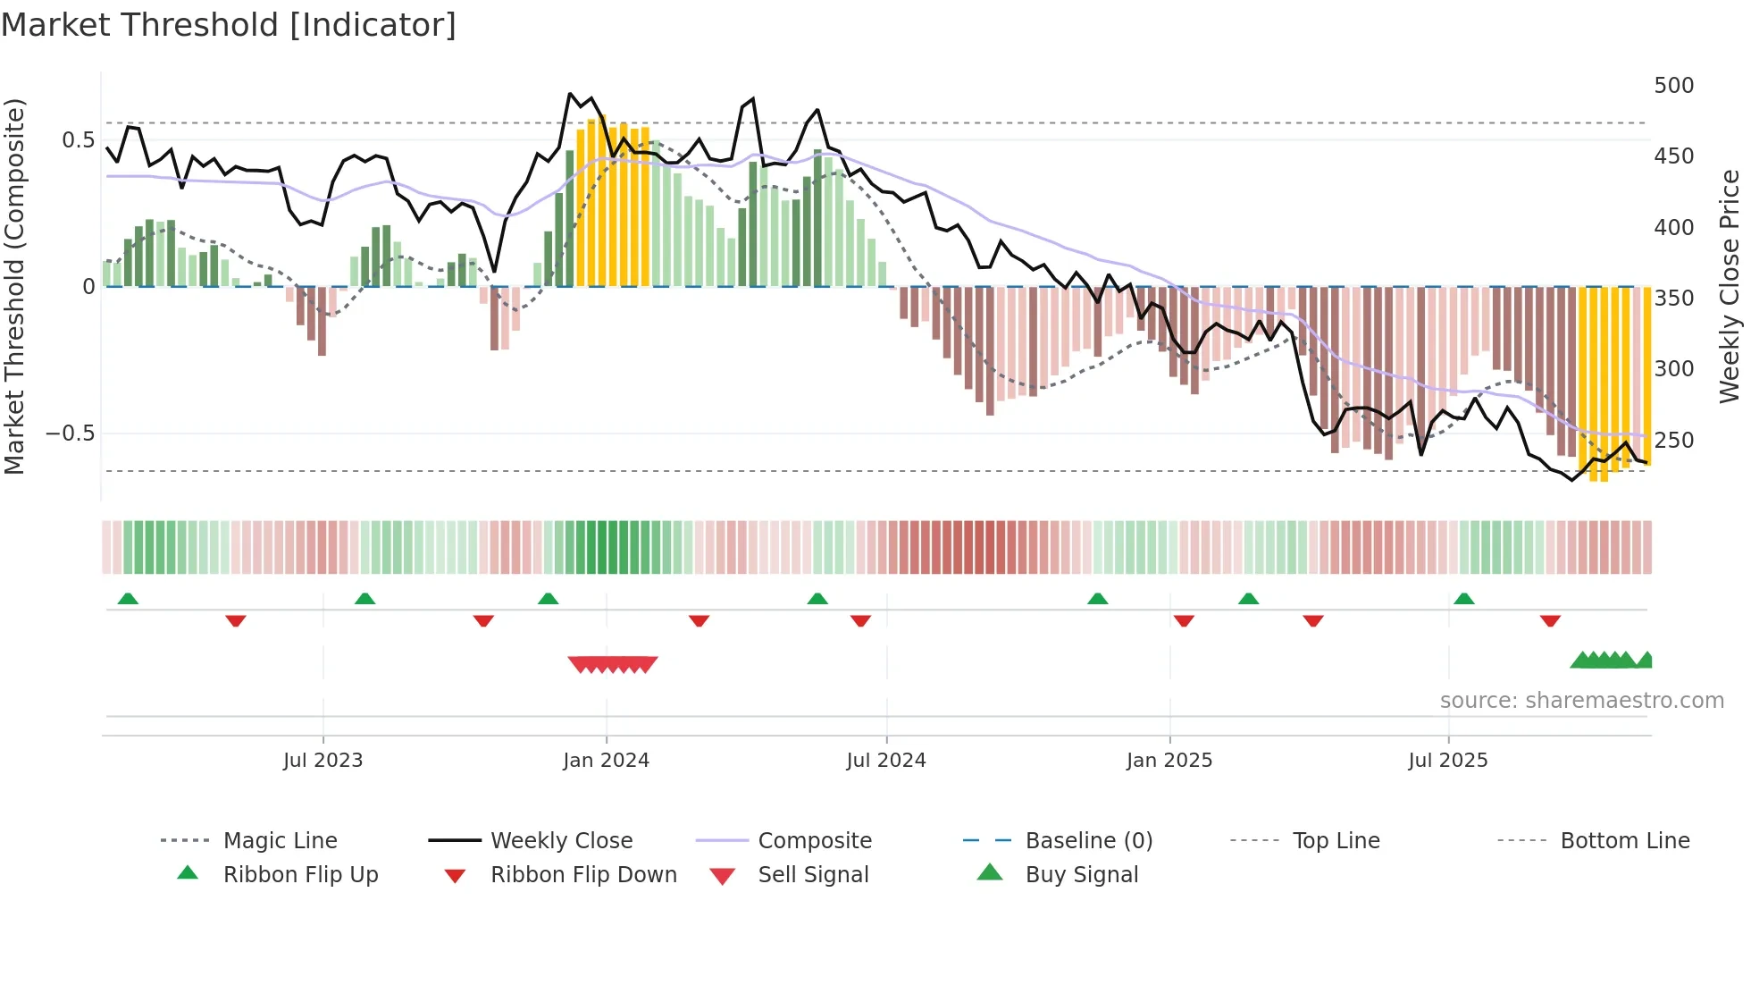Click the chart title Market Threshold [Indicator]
pos(229,25)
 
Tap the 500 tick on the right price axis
pos(1673,86)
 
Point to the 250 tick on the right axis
pos(1673,441)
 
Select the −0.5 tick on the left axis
pos(70,434)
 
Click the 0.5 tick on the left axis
pos(78,140)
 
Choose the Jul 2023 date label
pos(323,761)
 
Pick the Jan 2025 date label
pos(1169,761)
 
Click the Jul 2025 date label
pos(1447,761)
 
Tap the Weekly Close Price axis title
pos(1730,286)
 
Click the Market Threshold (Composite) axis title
pos(14,286)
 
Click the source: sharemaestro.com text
pos(1581,701)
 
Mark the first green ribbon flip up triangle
pos(128,599)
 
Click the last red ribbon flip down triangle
pos(1550,620)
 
